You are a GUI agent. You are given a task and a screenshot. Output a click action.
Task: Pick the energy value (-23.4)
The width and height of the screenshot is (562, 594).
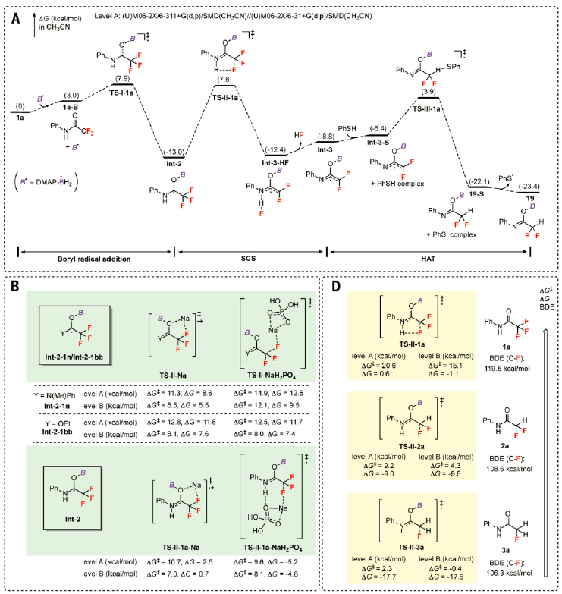tap(519, 185)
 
